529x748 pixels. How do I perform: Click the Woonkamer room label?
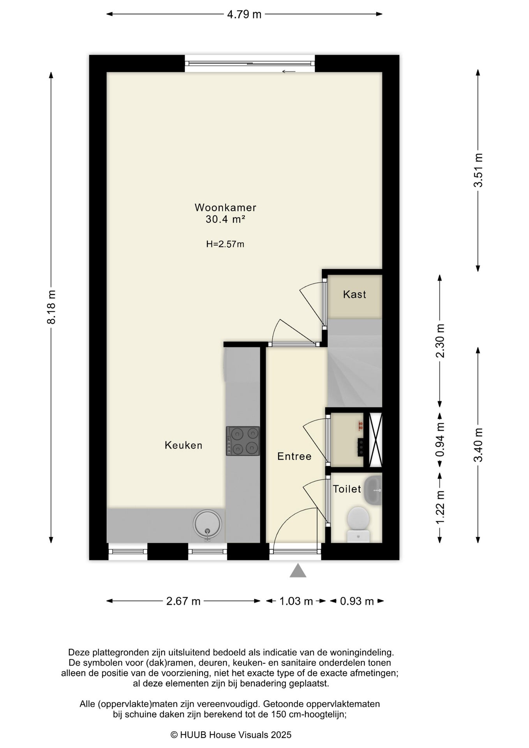pyautogui.click(x=226, y=207)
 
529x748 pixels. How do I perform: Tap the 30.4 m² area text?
pyautogui.click(x=226, y=219)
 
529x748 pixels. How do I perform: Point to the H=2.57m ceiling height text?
pyautogui.click(x=225, y=244)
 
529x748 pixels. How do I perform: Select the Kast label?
pyautogui.click(x=354, y=294)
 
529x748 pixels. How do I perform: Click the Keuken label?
pyautogui.click(x=183, y=445)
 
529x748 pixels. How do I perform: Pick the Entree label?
pyautogui.click(x=294, y=456)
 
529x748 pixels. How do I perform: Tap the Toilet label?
pyautogui.click(x=347, y=489)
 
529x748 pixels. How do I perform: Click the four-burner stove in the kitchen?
pyautogui.click(x=243, y=441)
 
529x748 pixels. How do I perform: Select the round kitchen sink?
pyautogui.click(x=208, y=524)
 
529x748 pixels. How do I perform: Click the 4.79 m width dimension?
pyautogui.click(x=244, y=14)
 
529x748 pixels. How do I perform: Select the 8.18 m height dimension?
pyautogui.click(x=51, y=307)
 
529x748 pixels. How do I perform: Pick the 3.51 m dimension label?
pyautogui.click(x=478, y=170)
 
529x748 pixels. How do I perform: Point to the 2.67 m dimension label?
pyautogui.click(x=183, y=601)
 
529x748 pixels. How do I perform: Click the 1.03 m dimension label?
pyautogui.click(x=296, y=601)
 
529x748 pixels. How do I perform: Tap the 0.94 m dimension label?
pyautogui.click(x=440, y=440)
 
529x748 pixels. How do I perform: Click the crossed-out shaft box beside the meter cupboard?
pyautogui.click(x=376, y=439)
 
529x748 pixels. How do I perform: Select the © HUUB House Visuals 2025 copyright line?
pyautogui.click(x=231, y=735)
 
